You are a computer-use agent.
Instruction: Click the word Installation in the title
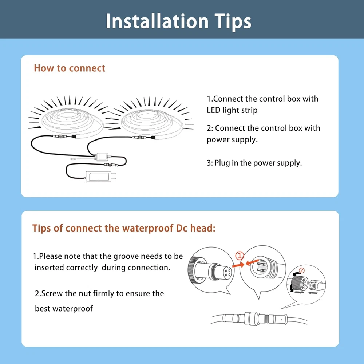[157, 21]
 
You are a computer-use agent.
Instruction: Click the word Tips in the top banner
[233, 22]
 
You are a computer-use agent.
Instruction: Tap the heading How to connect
[70, 68]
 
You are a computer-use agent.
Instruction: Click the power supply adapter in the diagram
[98, 176]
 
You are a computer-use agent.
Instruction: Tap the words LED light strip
[232, 110]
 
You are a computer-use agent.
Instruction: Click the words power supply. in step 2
[232, 140]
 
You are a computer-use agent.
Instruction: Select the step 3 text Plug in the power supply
[254, 163]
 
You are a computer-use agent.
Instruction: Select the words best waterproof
[64, 309]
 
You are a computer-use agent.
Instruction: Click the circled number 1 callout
[240, 256]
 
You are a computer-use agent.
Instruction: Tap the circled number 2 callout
[301, 270]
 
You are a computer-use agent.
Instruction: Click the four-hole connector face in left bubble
[227, 272]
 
